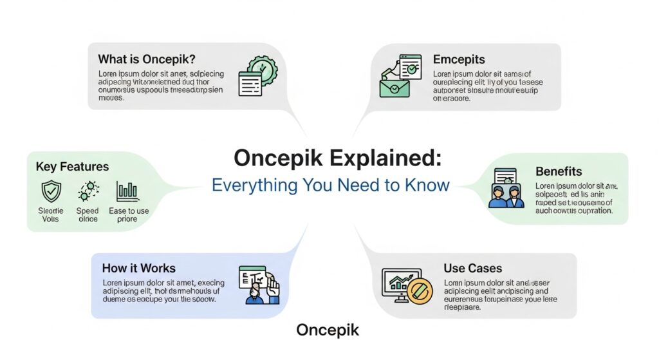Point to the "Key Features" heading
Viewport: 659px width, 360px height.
72,167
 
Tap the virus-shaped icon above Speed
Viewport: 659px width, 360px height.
87,191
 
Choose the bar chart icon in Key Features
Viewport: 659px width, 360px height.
127,191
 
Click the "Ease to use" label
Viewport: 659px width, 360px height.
128,211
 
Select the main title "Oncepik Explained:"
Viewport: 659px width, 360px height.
338,158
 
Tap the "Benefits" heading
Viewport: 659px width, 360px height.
559,172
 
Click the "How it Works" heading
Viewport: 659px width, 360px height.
138,268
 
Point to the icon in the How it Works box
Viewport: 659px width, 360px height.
259,284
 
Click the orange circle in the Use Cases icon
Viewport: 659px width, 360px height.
418,291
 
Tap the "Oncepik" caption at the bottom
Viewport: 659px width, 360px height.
328,330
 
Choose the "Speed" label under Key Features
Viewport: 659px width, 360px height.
87,211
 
